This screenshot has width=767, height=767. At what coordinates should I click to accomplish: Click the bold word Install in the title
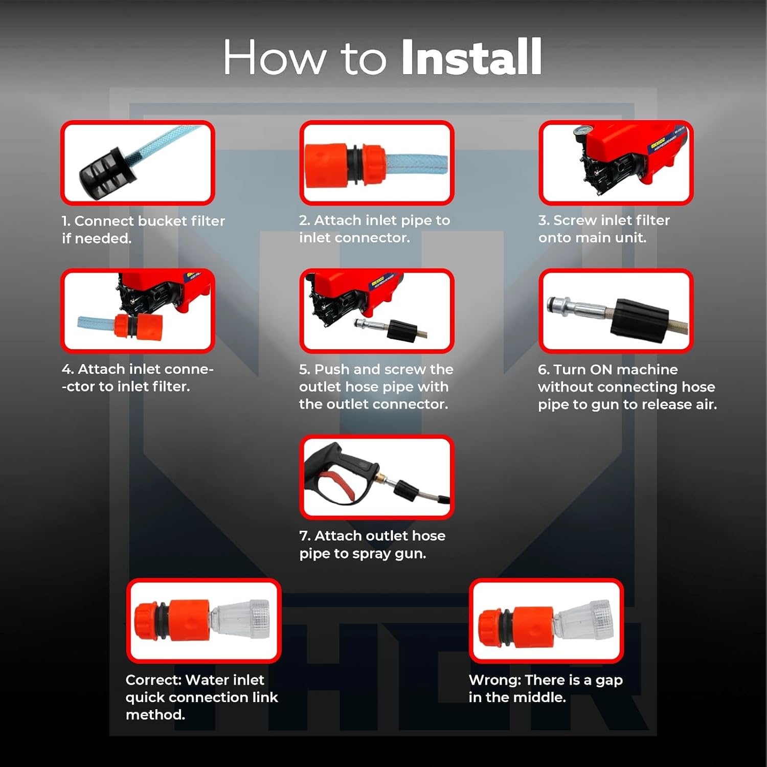[471, 57]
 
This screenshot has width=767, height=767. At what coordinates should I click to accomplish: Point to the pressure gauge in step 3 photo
[581, 132]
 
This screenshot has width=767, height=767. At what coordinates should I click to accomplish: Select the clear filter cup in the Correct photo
[240, 619]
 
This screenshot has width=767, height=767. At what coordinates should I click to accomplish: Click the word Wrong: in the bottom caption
[494, 680]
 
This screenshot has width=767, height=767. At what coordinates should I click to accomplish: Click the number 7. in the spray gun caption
[305, 536]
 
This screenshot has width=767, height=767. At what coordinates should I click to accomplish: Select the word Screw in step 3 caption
[575, 220]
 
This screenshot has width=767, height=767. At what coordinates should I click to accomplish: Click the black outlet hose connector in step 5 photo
[402, 329]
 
